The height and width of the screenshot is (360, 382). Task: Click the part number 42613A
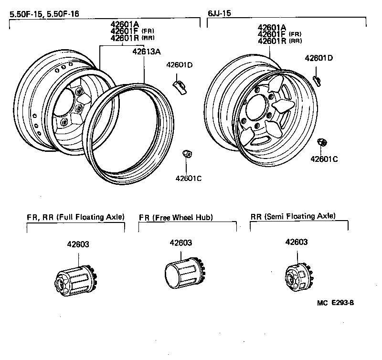tap(147, 53)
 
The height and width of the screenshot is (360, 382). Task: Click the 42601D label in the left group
tap(179, 65)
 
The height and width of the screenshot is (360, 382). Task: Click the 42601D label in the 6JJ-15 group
tap(318, 58)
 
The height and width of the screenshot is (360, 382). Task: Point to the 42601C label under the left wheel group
tap(189, 178)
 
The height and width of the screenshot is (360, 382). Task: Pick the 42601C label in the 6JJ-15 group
tap(324, 159)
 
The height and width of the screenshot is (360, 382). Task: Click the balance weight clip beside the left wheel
tap(180, 86)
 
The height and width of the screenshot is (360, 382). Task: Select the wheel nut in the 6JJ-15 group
tap(322, 142)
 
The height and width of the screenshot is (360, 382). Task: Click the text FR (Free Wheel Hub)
tap(176, 217)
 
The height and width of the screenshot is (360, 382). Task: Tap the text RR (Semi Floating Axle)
tap(293, 216)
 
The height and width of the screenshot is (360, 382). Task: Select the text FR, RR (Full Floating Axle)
tap(75, 217)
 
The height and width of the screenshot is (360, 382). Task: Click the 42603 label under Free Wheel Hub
tap(180, 243)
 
